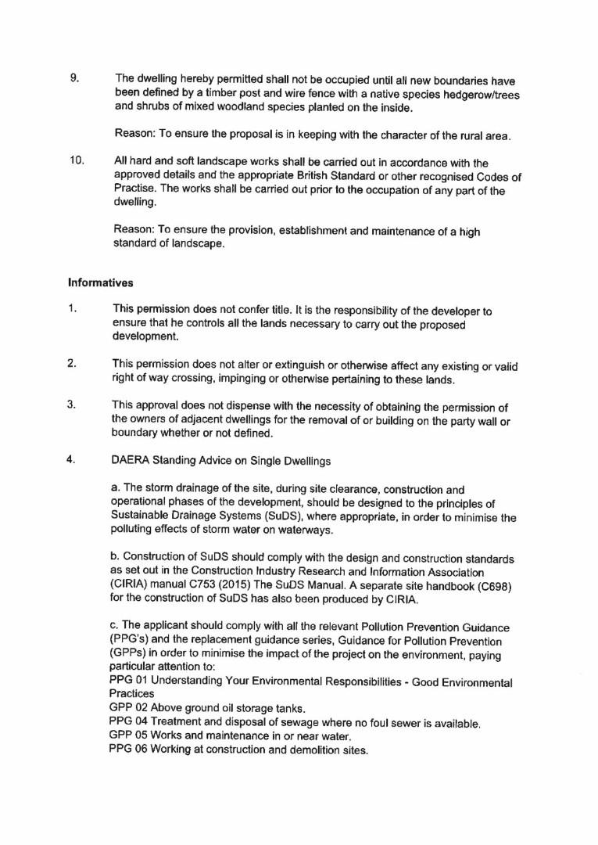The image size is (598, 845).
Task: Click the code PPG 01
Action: pos(127,682)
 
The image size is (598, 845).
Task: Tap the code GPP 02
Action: pos(127,708)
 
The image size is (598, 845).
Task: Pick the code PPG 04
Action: pos(127,721)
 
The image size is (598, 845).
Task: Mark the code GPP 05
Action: pos(127,735)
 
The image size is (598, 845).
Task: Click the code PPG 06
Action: pos(127,750)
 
